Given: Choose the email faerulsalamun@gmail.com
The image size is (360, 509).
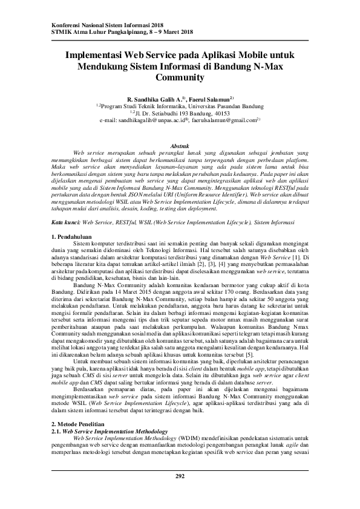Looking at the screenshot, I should click(x=223, y=121).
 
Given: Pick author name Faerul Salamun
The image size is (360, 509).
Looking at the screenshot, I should click(x=208, y=98).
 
